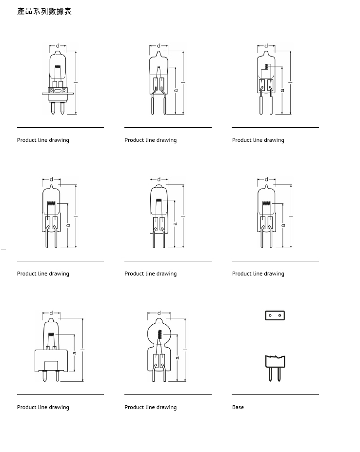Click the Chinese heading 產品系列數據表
click(x=44, y=11)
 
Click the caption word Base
click(x=238, y=407)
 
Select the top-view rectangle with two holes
click(x=275, y=315)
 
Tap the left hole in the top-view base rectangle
click(x=270, y=315)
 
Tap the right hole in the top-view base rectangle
click(x=280, y=315)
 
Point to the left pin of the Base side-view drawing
click(x=270, y=374)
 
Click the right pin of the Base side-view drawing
click(x=279, y=374)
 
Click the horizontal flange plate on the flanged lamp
click(x=58, y=94)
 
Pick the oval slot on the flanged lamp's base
click(x=58, y=91)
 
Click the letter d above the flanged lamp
click(x=58, y=45)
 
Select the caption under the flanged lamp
click(x=43, y=140)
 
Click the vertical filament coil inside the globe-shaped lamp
click(x=159, y=334)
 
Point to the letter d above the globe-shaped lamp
click(x=159, y=313)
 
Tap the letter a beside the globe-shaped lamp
click(x=178, y=358)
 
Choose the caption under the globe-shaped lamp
click(x=151, y=407)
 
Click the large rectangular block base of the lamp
click(x=51, y=361)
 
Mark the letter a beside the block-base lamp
click(x=75, y=353)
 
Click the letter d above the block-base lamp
click(x=51, y=313)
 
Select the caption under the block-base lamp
click(x=43, y=407)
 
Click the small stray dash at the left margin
click(x=3, y=249)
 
